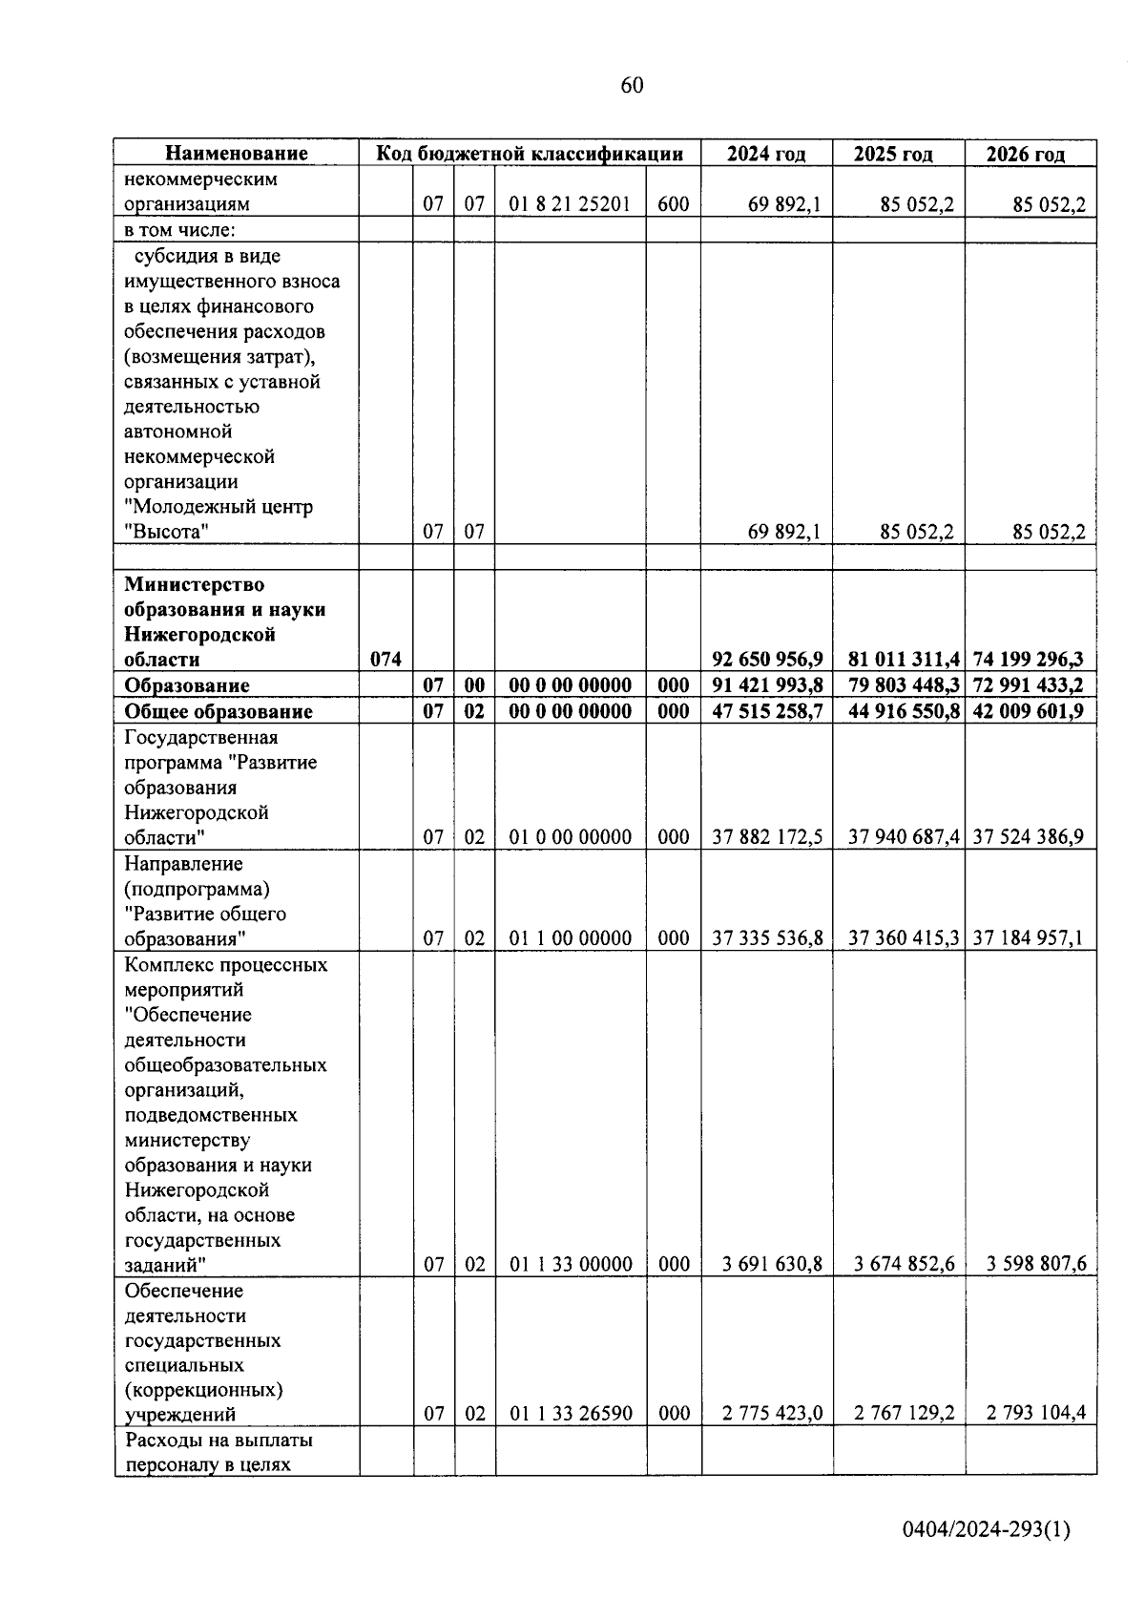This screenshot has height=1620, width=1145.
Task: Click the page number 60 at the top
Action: [x=632, y=86]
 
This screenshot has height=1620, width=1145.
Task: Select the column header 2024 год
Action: [x=765, y=154]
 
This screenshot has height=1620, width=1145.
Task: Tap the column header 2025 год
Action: [x=897, y=154]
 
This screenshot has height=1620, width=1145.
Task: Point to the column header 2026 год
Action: [x=1029, y=154]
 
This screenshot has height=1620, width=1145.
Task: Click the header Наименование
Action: [x=237, y=154]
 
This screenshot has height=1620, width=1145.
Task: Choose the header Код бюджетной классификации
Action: [x=530, y=154]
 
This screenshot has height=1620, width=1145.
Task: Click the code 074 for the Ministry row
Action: [x=385, y=660]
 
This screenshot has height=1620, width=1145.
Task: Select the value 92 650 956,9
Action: [x=767, y=660]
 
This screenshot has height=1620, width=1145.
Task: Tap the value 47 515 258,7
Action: [x=767, y=712]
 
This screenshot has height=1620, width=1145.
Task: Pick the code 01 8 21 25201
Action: [x=570, y=204]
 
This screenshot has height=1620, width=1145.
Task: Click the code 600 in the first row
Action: [x=674, y=204]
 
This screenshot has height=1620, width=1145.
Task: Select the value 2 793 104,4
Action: [x=1035, y=1414]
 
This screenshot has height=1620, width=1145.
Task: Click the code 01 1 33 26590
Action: [x=571, y=1414]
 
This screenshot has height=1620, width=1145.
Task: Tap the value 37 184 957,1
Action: [x=1029, y=938]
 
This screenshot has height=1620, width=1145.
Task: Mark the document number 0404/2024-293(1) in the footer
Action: [x=987, y=1530]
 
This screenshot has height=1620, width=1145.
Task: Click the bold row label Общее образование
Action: [x=219, y=712]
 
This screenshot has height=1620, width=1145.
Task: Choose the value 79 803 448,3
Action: [x=898, y=685]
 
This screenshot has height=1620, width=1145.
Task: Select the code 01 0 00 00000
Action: [x=570, y=837]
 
